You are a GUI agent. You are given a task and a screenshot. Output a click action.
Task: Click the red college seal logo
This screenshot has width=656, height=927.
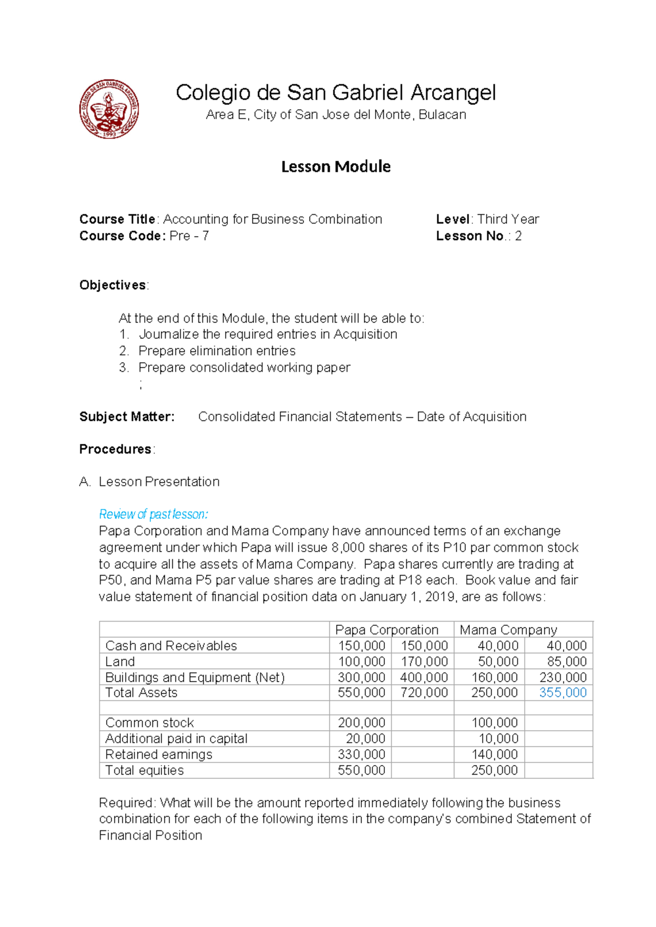point(109,109)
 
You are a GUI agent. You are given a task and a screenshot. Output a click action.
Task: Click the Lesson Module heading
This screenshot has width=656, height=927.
point(336,167)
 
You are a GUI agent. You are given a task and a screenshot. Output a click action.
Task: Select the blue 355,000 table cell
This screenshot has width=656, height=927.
point(563,693)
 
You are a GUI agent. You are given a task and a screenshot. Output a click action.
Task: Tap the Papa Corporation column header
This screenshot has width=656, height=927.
point(386,630)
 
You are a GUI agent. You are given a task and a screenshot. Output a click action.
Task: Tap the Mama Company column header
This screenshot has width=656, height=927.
point(508,630)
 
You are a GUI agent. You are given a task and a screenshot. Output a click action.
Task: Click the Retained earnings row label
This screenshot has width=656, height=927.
point(159,754)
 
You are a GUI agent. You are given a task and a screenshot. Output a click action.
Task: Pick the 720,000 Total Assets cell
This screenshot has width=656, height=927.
point(424,693)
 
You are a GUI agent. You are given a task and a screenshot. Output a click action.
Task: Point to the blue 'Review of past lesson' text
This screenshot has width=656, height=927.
point(153,514)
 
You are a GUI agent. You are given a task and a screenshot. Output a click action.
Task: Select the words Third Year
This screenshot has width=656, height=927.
point(508,219)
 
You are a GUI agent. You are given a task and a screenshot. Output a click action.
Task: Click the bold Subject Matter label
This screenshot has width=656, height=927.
point(127,416)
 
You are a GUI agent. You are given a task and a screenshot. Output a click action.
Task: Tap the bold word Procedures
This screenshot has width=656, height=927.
point(115,449)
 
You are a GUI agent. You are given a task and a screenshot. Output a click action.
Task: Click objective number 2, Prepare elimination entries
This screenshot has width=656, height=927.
point(216,351)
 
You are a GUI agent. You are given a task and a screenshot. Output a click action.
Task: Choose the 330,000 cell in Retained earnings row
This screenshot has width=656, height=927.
point(361,754)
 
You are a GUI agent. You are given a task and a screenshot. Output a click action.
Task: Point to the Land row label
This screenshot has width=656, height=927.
point(120,661)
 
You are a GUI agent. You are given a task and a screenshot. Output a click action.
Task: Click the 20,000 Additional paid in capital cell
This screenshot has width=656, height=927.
point(365,738)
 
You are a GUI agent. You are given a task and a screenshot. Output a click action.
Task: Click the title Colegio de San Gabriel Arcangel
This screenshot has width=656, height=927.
point(336,92)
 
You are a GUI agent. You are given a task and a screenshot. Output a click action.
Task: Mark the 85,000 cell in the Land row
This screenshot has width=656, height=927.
point(566,661)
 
